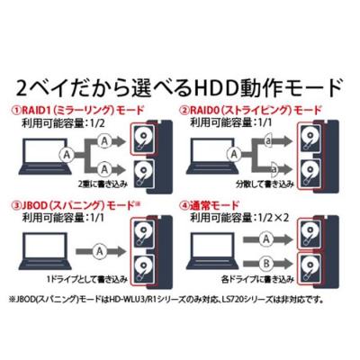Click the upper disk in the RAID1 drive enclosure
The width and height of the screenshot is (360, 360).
[x=145, y=138]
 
